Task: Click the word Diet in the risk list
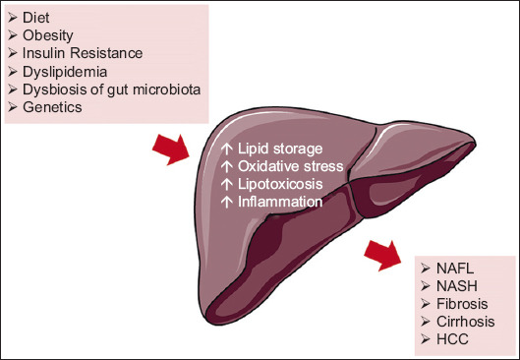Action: (x=35, y=18)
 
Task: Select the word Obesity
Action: (x=48, y=35)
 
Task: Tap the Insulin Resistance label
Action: (x=83, y=53)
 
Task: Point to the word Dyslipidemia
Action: (x=65, y=72)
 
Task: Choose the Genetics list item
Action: (x=52, y=107)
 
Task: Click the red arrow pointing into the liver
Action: (x=171, y=150)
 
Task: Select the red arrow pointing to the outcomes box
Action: (x=382, y=256)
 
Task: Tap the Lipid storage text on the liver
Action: (x=280, y=149)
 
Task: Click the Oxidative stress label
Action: (x=291, y=166)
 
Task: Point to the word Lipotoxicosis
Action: (x=280, y=184)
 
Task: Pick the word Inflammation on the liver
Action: (x=280, y=202)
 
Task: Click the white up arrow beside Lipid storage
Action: (x=226, y=149)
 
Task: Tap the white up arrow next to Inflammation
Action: (x=226, y=202)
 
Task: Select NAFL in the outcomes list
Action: (x=455, y=269)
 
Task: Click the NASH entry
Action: (x=457, y=286)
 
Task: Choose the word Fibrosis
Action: (x=462, y=304)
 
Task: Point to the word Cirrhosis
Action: (x=466, y=322)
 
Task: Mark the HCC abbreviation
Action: (x=452, y=339)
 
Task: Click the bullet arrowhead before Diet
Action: (x=12, y=18)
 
